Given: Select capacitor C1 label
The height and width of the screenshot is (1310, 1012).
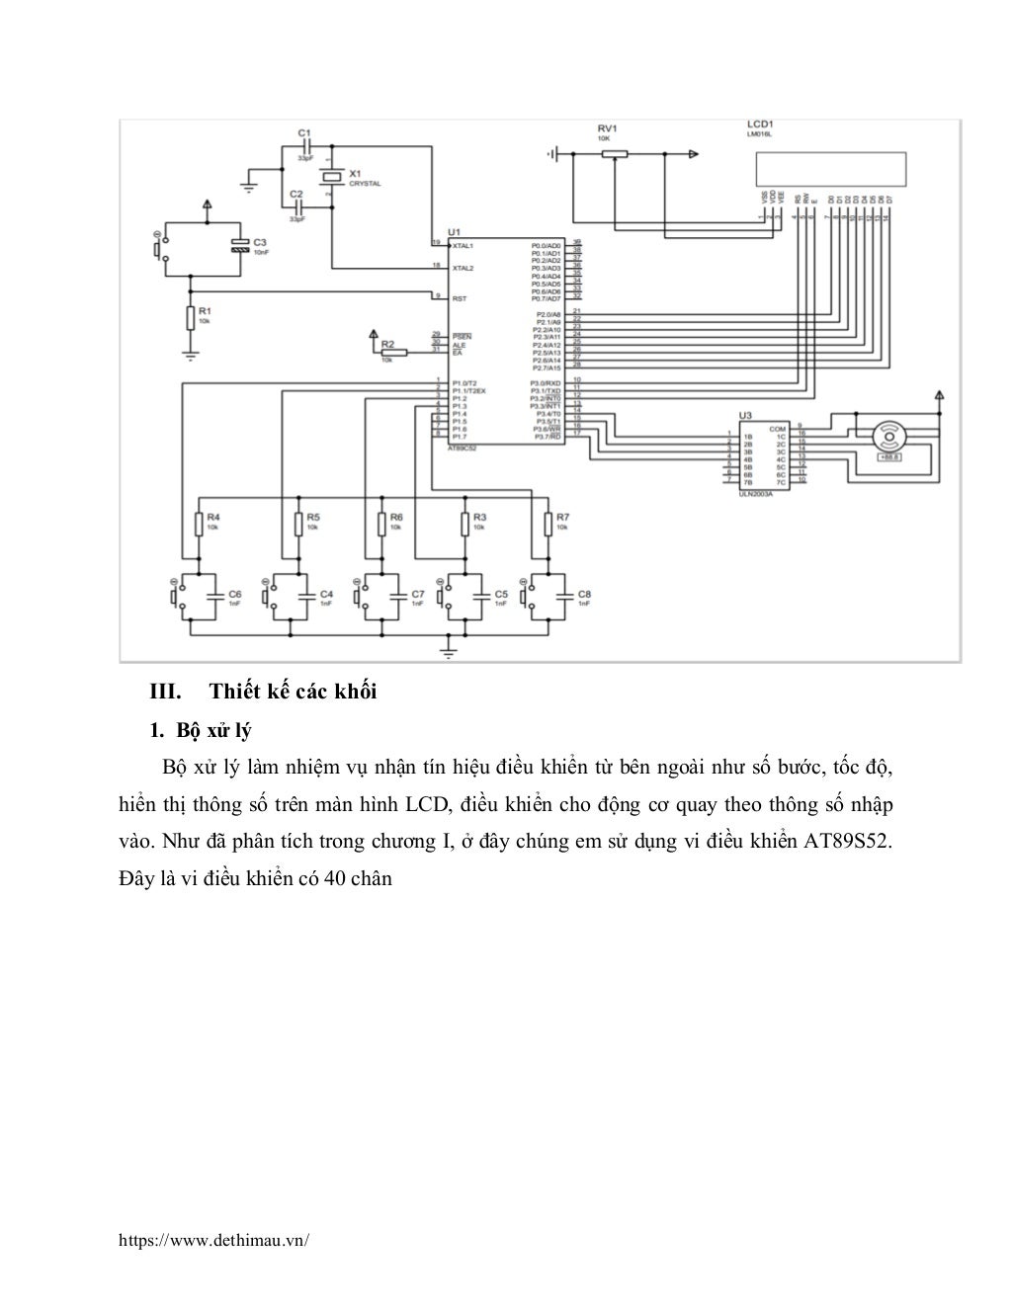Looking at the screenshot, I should pos(304,132).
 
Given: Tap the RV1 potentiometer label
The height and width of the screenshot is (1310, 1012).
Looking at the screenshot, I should pos(607,129).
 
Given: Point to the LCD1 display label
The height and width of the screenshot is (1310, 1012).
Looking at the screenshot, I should pos(760,125).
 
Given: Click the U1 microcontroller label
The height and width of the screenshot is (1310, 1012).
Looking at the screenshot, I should pos(454,231).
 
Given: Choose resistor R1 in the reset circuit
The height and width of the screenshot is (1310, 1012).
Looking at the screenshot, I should pos(190,317).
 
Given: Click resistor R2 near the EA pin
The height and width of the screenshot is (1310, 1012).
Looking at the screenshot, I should pos(387,345).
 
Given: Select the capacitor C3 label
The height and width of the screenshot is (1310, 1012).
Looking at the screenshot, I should pos(259,242).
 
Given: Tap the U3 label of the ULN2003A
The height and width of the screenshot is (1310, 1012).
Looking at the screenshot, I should pos(745,416).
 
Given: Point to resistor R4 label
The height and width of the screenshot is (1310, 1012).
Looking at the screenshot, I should pos(213,517).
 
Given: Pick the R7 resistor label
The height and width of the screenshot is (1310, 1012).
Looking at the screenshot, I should pos(562,517).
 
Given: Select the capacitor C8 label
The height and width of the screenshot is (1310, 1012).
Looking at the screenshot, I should pos(584,594).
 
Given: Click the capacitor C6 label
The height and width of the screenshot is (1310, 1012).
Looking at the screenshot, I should pos(234,594).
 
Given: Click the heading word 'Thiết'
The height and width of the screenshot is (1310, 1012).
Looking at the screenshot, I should pos(234,692).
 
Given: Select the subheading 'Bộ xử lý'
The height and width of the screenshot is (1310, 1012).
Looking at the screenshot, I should pos(213,731).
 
